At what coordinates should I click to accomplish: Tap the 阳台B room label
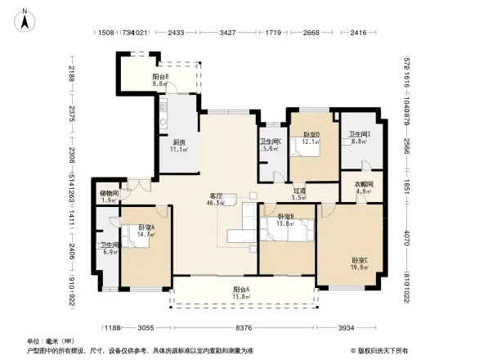click(160, 77)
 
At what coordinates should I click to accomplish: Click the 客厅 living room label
click(217, 196)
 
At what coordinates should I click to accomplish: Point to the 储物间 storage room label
click(110, 193)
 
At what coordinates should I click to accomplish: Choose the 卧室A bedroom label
click(146, 227)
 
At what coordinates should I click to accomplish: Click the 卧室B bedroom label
click(285, 217)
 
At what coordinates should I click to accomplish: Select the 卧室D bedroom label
click(311, 134)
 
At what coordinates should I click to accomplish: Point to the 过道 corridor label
click(300, 191)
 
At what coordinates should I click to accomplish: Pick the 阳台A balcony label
click(241, 290)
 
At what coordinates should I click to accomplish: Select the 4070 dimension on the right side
click(405, 243)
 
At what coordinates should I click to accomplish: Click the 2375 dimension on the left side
click(72, 113)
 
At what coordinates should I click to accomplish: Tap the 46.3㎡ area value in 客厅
click(217, 202)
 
